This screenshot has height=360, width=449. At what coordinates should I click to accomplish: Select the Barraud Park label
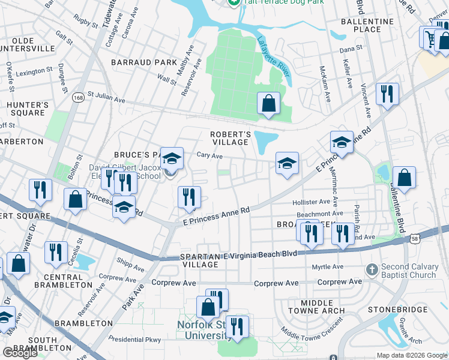tap(143, 62)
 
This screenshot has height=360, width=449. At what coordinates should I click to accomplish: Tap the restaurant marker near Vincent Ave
tap(387, 94)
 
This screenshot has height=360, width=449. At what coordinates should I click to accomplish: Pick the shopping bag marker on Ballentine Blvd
tap(405, 178)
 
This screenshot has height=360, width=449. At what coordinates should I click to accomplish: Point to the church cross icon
tap(372, 268)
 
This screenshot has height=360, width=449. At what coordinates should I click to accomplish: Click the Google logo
tap(20, 353)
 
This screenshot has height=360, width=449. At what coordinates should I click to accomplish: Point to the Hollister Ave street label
tap(311, 202)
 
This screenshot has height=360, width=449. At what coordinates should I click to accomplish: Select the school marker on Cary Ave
tap(287, 163)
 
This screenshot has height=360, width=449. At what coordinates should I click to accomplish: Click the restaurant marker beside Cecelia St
tap(56, 252)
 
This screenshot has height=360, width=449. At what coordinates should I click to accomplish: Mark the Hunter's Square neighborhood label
tap(27, 109)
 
